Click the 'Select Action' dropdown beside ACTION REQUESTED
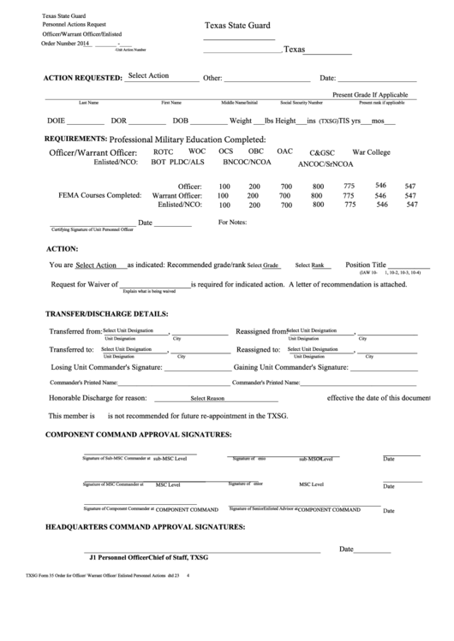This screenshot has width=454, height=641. [148, 76]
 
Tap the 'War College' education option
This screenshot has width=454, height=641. [371, 151]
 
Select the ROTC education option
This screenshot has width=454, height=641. [163, 151]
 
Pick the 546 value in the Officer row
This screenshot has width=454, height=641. [380, 185]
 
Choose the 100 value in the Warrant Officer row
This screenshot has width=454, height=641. [224, 196]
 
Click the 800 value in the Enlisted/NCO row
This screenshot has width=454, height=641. [318, 205]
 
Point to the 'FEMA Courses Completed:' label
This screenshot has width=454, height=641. [99, 195]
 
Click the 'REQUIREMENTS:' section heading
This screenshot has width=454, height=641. [75, 138]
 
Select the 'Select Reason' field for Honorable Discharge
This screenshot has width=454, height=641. [207, 399]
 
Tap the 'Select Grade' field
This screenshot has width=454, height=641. [264, 266]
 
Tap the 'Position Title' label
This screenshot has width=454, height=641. [366, 265]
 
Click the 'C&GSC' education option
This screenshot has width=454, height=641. [322, 152]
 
